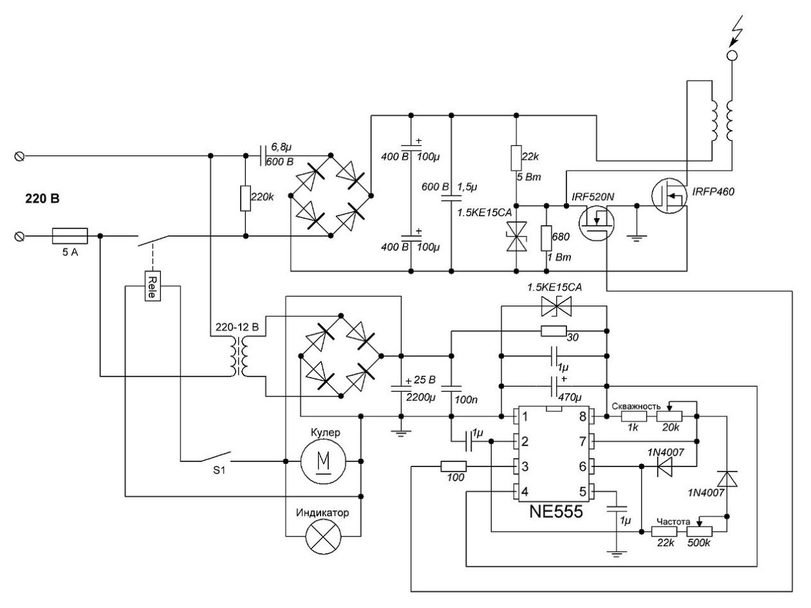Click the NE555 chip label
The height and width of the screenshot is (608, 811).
point(555,511)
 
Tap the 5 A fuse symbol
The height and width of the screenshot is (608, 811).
point(70,236)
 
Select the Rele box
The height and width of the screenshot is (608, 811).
point(153,286)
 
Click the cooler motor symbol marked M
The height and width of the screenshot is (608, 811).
point(323,461)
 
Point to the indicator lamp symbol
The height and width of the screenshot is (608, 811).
point(323,536)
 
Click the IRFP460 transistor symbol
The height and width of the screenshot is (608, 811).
point(669,196)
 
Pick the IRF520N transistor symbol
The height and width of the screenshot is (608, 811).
point(596,223)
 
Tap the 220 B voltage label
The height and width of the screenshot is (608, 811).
point(42,199)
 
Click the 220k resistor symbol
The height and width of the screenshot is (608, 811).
point(246,198)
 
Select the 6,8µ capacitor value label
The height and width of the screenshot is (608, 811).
point(281,147)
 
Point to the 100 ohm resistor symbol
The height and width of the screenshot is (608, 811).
point(453,466)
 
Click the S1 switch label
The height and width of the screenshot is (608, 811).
point(219,470)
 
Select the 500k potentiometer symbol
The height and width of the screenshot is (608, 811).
point(700,531)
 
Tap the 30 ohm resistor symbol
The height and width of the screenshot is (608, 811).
point(554,331)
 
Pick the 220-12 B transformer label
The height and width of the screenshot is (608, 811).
point(238,327)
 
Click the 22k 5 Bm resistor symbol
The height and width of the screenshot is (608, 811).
point(516,158)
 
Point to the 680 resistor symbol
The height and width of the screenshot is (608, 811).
point(546,238)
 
